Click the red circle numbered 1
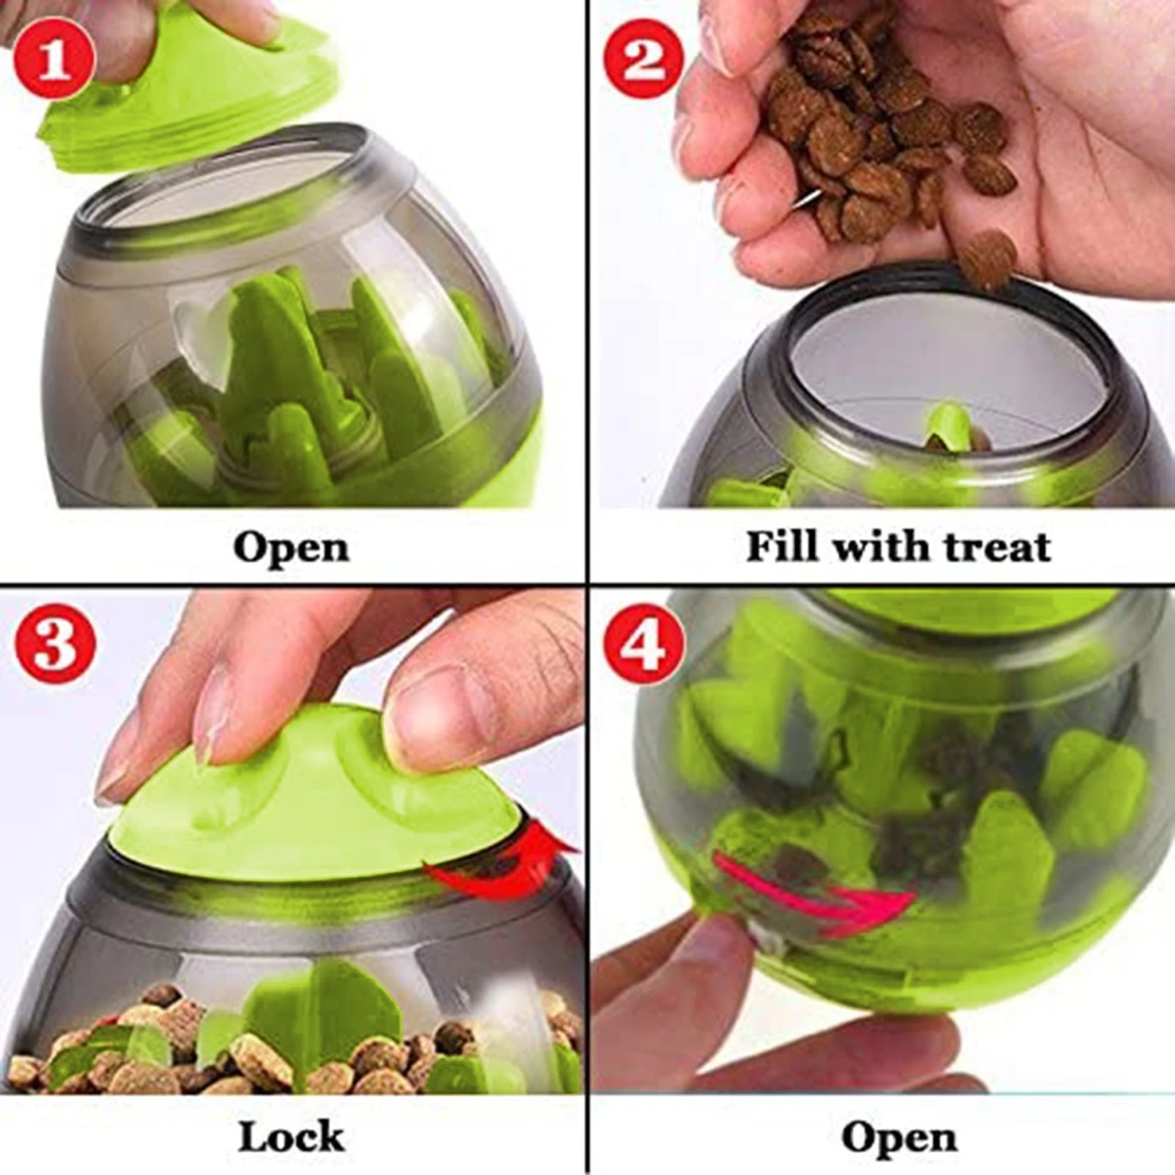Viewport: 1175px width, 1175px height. coord(54,59)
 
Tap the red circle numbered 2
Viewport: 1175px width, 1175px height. coord(643,59)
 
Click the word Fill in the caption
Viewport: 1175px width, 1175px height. coord(783,546)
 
